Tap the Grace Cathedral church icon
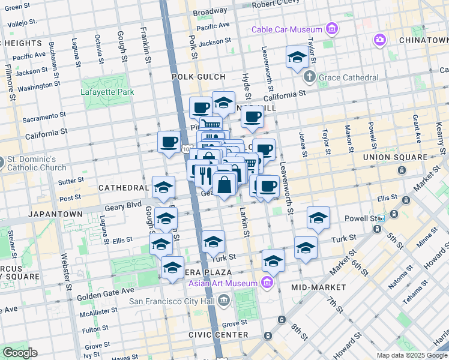(309, 77)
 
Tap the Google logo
(20, 353)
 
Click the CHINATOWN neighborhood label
(423, 40)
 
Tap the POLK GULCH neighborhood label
(198, 77)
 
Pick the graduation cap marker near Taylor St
(297, 58)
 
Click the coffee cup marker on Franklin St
(169, 143)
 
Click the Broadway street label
(210, 11)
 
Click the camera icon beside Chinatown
(379, 40)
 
